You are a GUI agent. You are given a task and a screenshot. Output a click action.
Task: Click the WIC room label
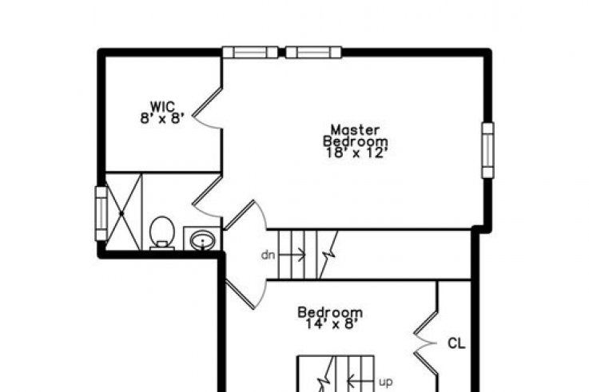click(x=163, y=105)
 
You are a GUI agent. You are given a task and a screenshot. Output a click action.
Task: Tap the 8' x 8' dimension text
click(x=162, y=118)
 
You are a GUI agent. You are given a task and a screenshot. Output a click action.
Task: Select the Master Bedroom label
click(x=356, y=136)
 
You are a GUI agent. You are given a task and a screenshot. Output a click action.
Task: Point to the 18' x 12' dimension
click(x=356, y=152)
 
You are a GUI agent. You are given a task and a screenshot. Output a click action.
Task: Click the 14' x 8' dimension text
click(x=330, y=323)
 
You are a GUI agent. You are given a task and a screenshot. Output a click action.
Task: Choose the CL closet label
click(x=456, y=343)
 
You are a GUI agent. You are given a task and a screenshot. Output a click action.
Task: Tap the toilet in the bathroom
click(x=162, y=233)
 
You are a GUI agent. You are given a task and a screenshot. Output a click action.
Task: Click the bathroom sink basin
click(x=202, y=240)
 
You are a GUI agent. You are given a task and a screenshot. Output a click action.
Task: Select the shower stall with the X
click(x=123, y=212)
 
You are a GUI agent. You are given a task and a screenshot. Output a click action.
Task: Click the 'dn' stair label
click(x=268, y=255)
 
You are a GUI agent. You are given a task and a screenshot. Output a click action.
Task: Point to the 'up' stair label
click(x=386, y=382)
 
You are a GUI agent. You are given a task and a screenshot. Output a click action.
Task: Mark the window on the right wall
click(x=488, y=150)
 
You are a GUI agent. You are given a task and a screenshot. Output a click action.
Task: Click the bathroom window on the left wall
click(x=101, y=213)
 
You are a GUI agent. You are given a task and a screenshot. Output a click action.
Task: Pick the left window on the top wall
click(x=250, y=52)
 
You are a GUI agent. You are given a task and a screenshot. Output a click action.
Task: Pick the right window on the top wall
click(x=313, y=52)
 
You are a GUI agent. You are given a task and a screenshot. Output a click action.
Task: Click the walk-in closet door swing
click(x=207, y=108)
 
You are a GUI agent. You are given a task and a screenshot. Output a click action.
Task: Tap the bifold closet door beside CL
click(x=426, y=343)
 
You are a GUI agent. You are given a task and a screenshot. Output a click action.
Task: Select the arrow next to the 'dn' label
click(x=292, y=255)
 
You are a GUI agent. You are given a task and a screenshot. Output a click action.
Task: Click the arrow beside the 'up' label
click(x=361, y=382)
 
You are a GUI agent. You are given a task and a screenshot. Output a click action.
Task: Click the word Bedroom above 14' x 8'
click(x=330, y=312)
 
